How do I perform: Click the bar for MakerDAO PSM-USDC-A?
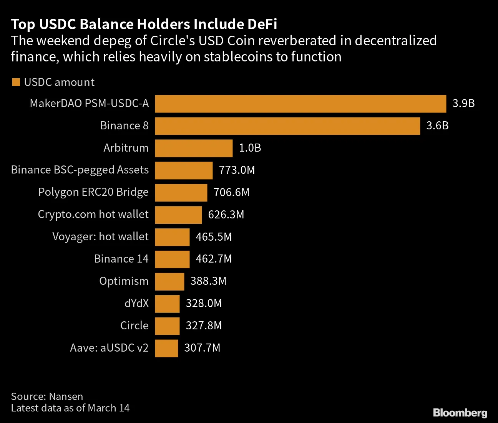(x=300, y=104)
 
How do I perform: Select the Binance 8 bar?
(x=287, y=126)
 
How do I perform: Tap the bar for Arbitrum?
(x=194, y=148)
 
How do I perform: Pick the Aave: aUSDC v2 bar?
(x=166, y=348)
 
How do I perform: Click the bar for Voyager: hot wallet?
(x=172, y=237)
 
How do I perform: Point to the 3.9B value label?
(x=463, y=104)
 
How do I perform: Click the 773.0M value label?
(x=237, y=170)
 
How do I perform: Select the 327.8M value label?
(x=204, y=326)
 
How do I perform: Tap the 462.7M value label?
(x=214, y=259)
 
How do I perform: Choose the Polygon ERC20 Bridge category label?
(x=93, y=192)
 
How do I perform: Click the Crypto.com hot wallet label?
(x=93, y=215)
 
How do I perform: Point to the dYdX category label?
(x=136, y=304)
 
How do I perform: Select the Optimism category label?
(x=124, y=281)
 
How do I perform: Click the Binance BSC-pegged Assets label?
(x=80, y=170)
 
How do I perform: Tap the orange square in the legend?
(x=16, y=82)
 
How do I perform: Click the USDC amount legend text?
(x=59, y=82)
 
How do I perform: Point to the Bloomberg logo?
(x=460, y=413)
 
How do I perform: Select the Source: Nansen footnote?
(x=47, y=397)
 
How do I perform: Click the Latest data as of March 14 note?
(x=70, y=408)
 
